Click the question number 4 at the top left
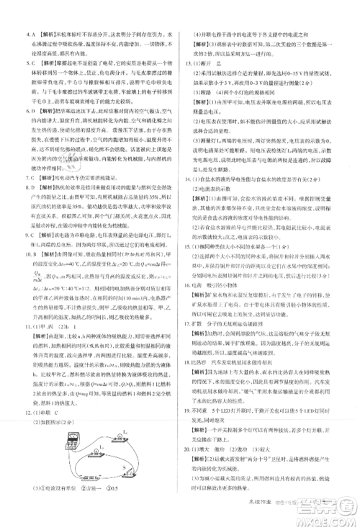27,33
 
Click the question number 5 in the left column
27,62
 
